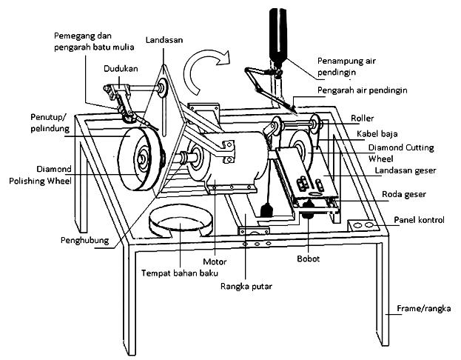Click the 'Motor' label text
coord(214,261)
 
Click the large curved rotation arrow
coord(206,73)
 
